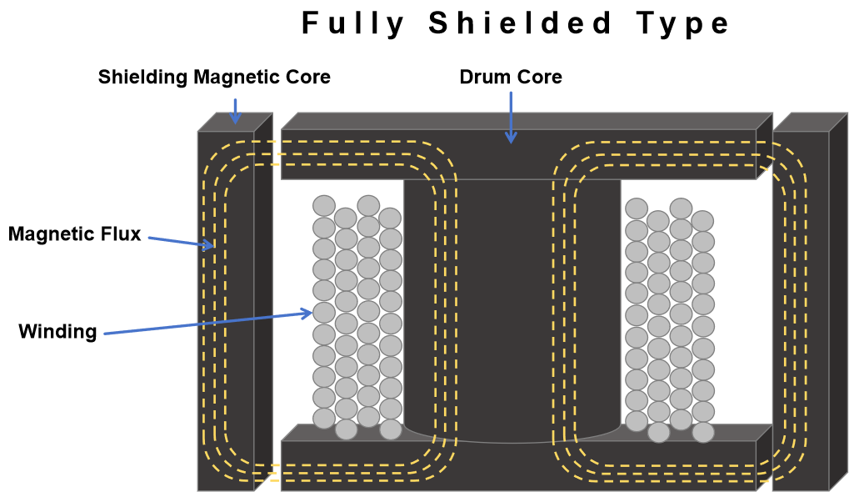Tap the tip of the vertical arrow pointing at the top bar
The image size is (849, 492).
[511, 140]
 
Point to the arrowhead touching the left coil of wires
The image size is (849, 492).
[308, 313]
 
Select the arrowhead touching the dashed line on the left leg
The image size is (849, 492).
[210, 246]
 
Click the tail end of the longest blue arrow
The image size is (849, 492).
[105, 334]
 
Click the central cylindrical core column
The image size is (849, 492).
[512, 300]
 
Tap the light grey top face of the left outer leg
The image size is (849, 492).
[234, 122]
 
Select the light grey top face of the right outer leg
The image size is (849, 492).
[809, 122]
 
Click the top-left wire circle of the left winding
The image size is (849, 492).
[324, 206]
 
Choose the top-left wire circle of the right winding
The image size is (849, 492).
[637, 208]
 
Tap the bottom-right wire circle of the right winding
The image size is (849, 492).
[703, 432]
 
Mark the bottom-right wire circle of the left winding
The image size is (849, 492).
[391, 429]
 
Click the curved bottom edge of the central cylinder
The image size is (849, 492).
[512, 441]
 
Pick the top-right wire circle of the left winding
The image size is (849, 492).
[390, 218]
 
